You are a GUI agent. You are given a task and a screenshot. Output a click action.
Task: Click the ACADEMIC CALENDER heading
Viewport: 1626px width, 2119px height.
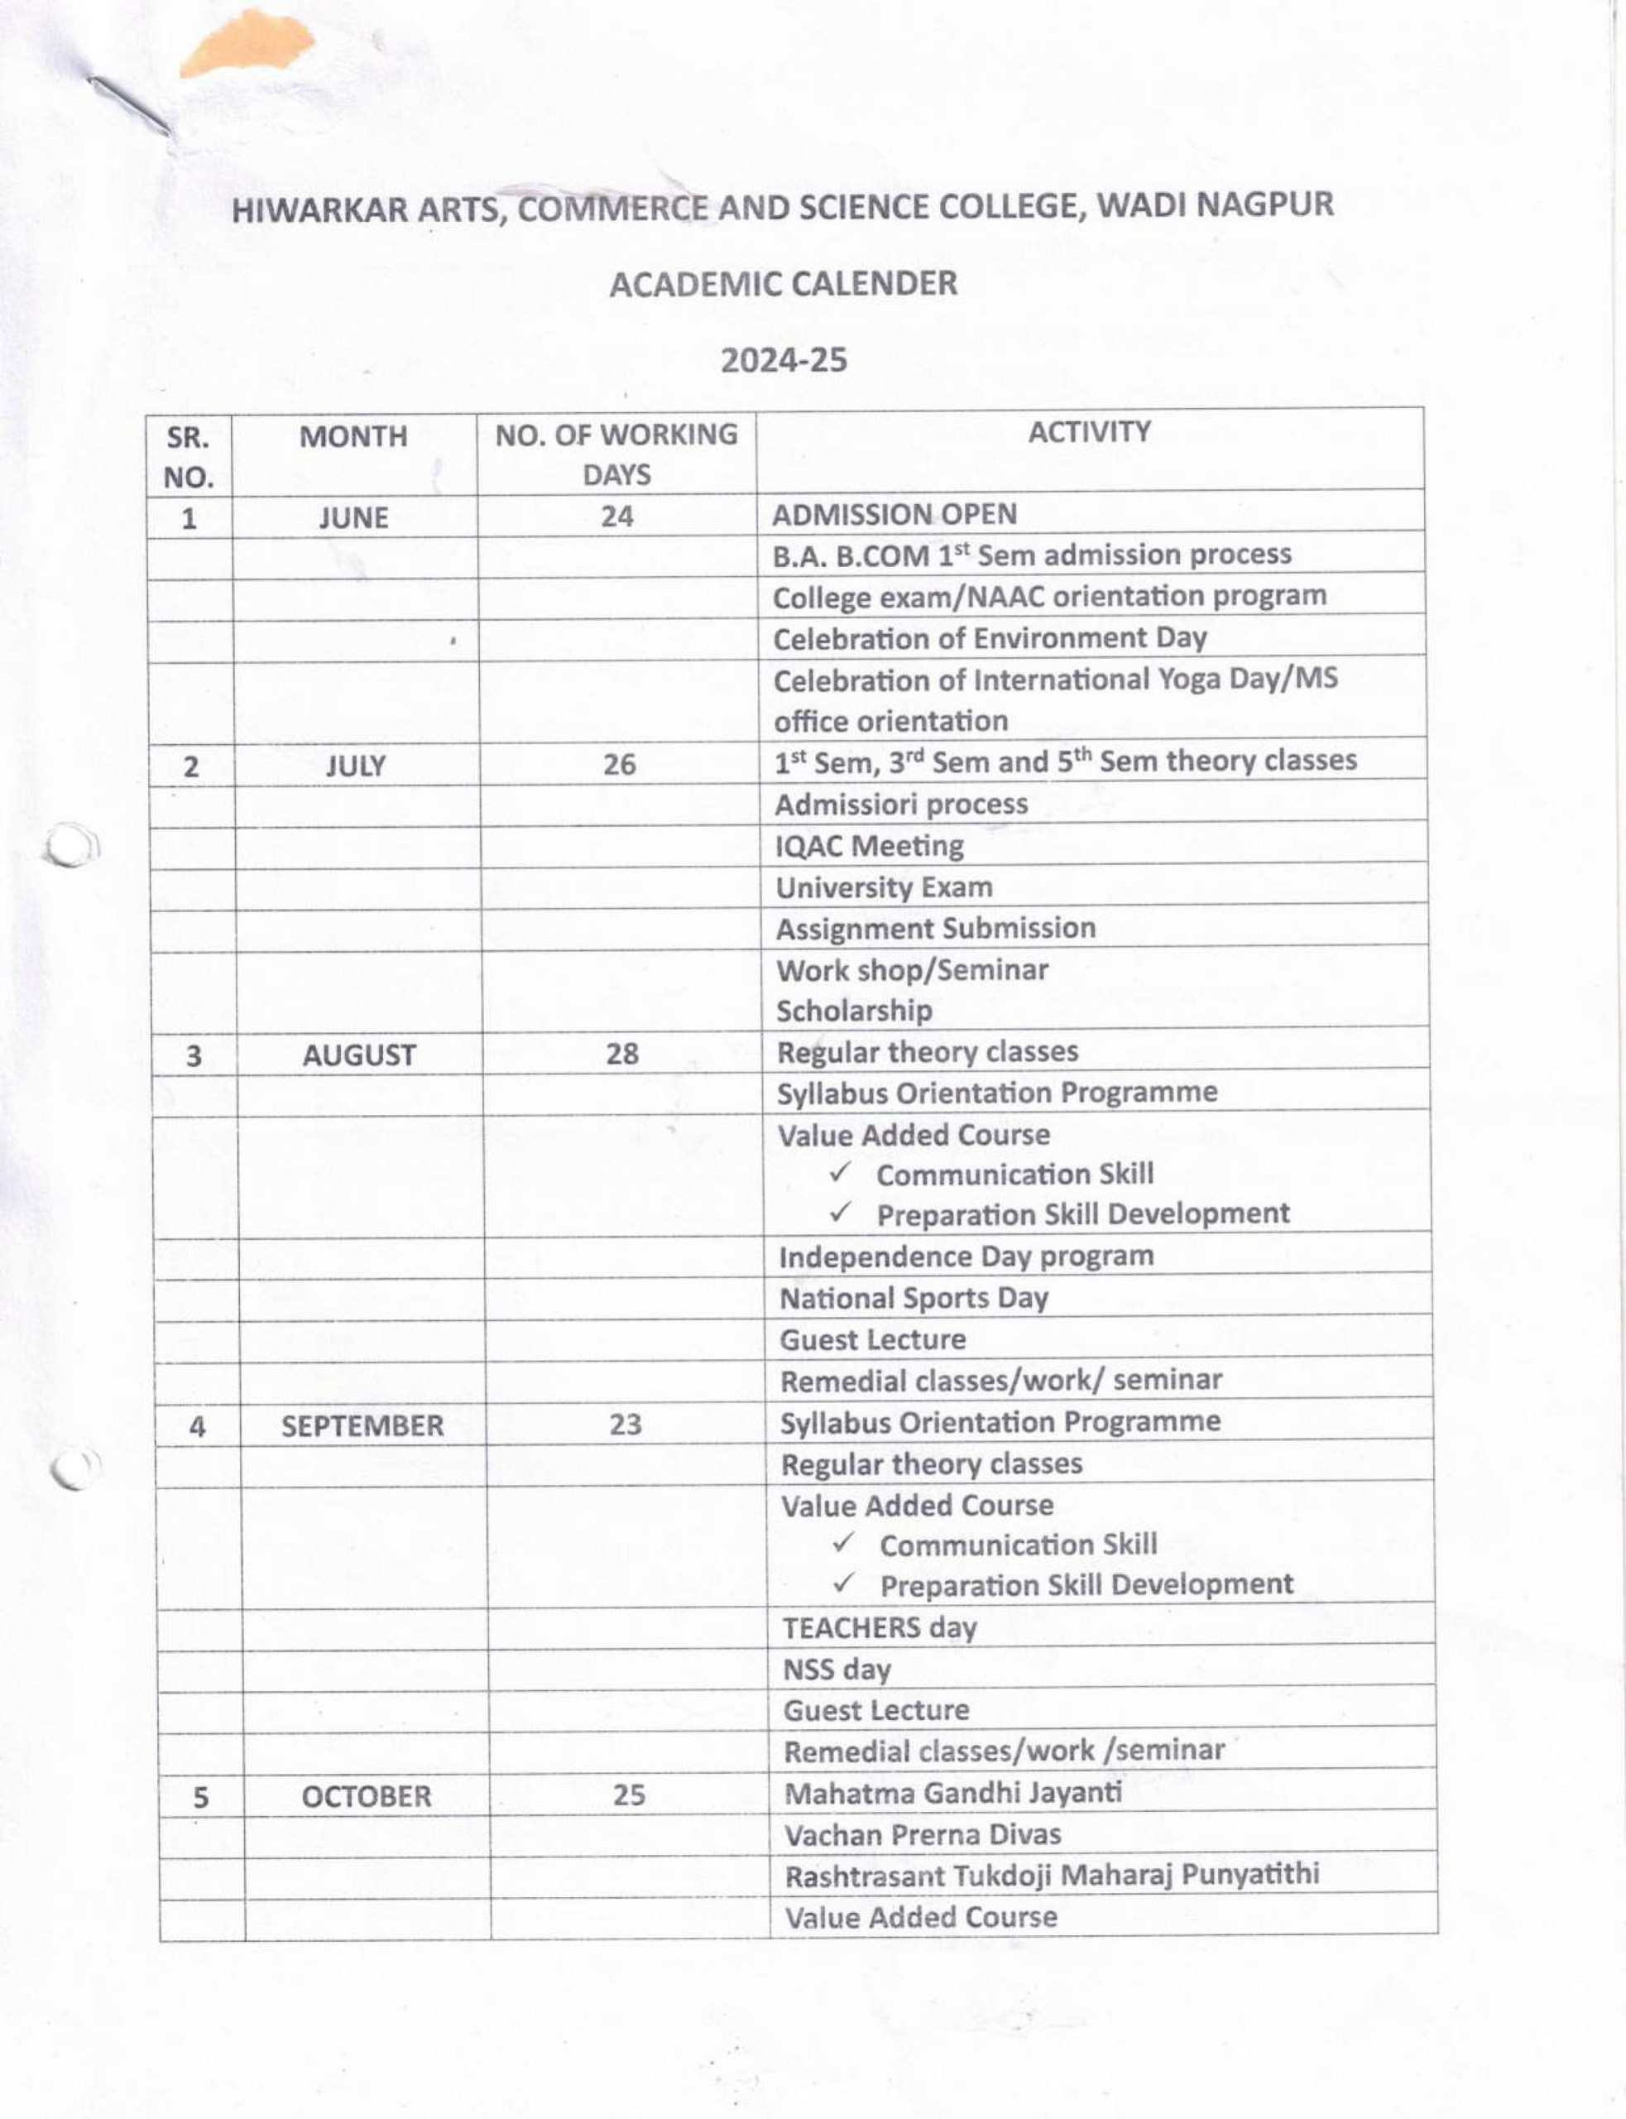point(783,284)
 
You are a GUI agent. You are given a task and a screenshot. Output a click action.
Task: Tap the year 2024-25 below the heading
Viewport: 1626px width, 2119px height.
point(783,360)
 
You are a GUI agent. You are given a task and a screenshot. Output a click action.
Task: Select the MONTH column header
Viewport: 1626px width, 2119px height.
point(353,436)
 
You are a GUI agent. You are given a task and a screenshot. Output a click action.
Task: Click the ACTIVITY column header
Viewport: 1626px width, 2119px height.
point(1089,432)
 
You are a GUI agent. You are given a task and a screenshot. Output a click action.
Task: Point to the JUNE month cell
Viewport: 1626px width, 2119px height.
point(353,518)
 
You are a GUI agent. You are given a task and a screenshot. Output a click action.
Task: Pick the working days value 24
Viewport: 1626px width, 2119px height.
point(616,516)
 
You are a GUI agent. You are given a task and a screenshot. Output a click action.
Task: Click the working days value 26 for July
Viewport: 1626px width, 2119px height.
point(620,765)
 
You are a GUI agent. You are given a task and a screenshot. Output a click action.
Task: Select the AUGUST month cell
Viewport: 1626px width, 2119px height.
point(358,1055)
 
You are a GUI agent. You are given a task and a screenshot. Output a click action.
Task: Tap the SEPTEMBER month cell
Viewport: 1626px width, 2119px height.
point(362,1426)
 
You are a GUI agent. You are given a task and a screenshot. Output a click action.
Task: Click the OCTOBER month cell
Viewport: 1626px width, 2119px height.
point(366,1797)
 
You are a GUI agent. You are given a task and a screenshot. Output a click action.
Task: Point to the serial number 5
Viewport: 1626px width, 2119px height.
point(200,1798)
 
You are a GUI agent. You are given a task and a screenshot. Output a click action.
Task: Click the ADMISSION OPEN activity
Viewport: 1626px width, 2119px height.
point(894,514)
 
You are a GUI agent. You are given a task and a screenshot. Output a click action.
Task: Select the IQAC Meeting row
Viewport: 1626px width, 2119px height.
point(869,846)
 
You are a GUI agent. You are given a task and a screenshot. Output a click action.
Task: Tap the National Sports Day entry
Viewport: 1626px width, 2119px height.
point(914,1298)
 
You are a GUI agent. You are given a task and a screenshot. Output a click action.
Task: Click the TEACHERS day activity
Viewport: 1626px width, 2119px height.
point(879,1628)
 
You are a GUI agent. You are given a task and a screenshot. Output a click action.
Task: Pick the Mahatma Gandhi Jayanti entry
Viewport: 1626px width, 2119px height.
point(952,1793)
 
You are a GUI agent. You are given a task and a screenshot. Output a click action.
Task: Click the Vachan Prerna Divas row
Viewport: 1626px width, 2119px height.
point(923,1834)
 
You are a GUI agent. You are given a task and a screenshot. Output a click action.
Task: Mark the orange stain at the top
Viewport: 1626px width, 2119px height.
point(247,44)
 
